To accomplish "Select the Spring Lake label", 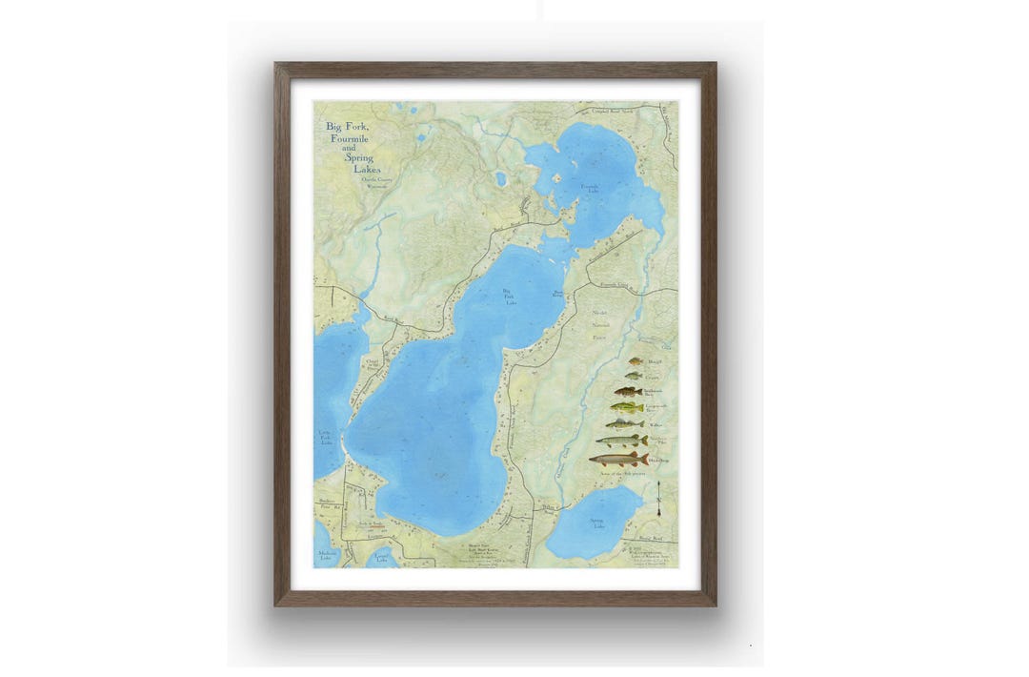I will (596, 523).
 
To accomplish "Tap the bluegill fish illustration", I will (636, 361).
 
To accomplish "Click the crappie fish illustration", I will (634, 376).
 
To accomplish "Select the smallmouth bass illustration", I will (628, 391).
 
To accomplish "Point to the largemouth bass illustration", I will (627, 407).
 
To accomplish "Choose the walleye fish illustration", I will (625, 423).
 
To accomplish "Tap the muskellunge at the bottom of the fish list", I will (618, 459).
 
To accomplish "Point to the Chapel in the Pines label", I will (372, 364).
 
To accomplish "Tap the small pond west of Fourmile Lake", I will (500, 178).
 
